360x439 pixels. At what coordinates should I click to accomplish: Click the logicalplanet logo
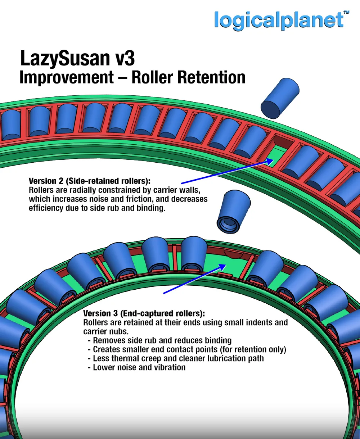coord(279,21)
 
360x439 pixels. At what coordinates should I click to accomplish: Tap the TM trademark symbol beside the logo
coord(346,12)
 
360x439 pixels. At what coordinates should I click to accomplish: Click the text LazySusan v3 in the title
coord(77,58)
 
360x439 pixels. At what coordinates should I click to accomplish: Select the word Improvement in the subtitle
coord(67,77)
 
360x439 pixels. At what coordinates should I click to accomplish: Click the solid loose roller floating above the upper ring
coord(280,98)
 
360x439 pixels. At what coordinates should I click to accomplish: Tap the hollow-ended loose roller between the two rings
coord(234,211)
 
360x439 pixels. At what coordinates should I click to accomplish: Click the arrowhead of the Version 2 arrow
coord(269,161)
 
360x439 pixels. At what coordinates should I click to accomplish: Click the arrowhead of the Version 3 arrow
coord(222,267)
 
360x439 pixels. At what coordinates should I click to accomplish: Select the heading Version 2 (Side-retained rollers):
coord(90,181)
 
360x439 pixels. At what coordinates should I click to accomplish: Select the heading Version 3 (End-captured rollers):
coord(144,313)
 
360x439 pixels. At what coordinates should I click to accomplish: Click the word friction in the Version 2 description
coord(139,199)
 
